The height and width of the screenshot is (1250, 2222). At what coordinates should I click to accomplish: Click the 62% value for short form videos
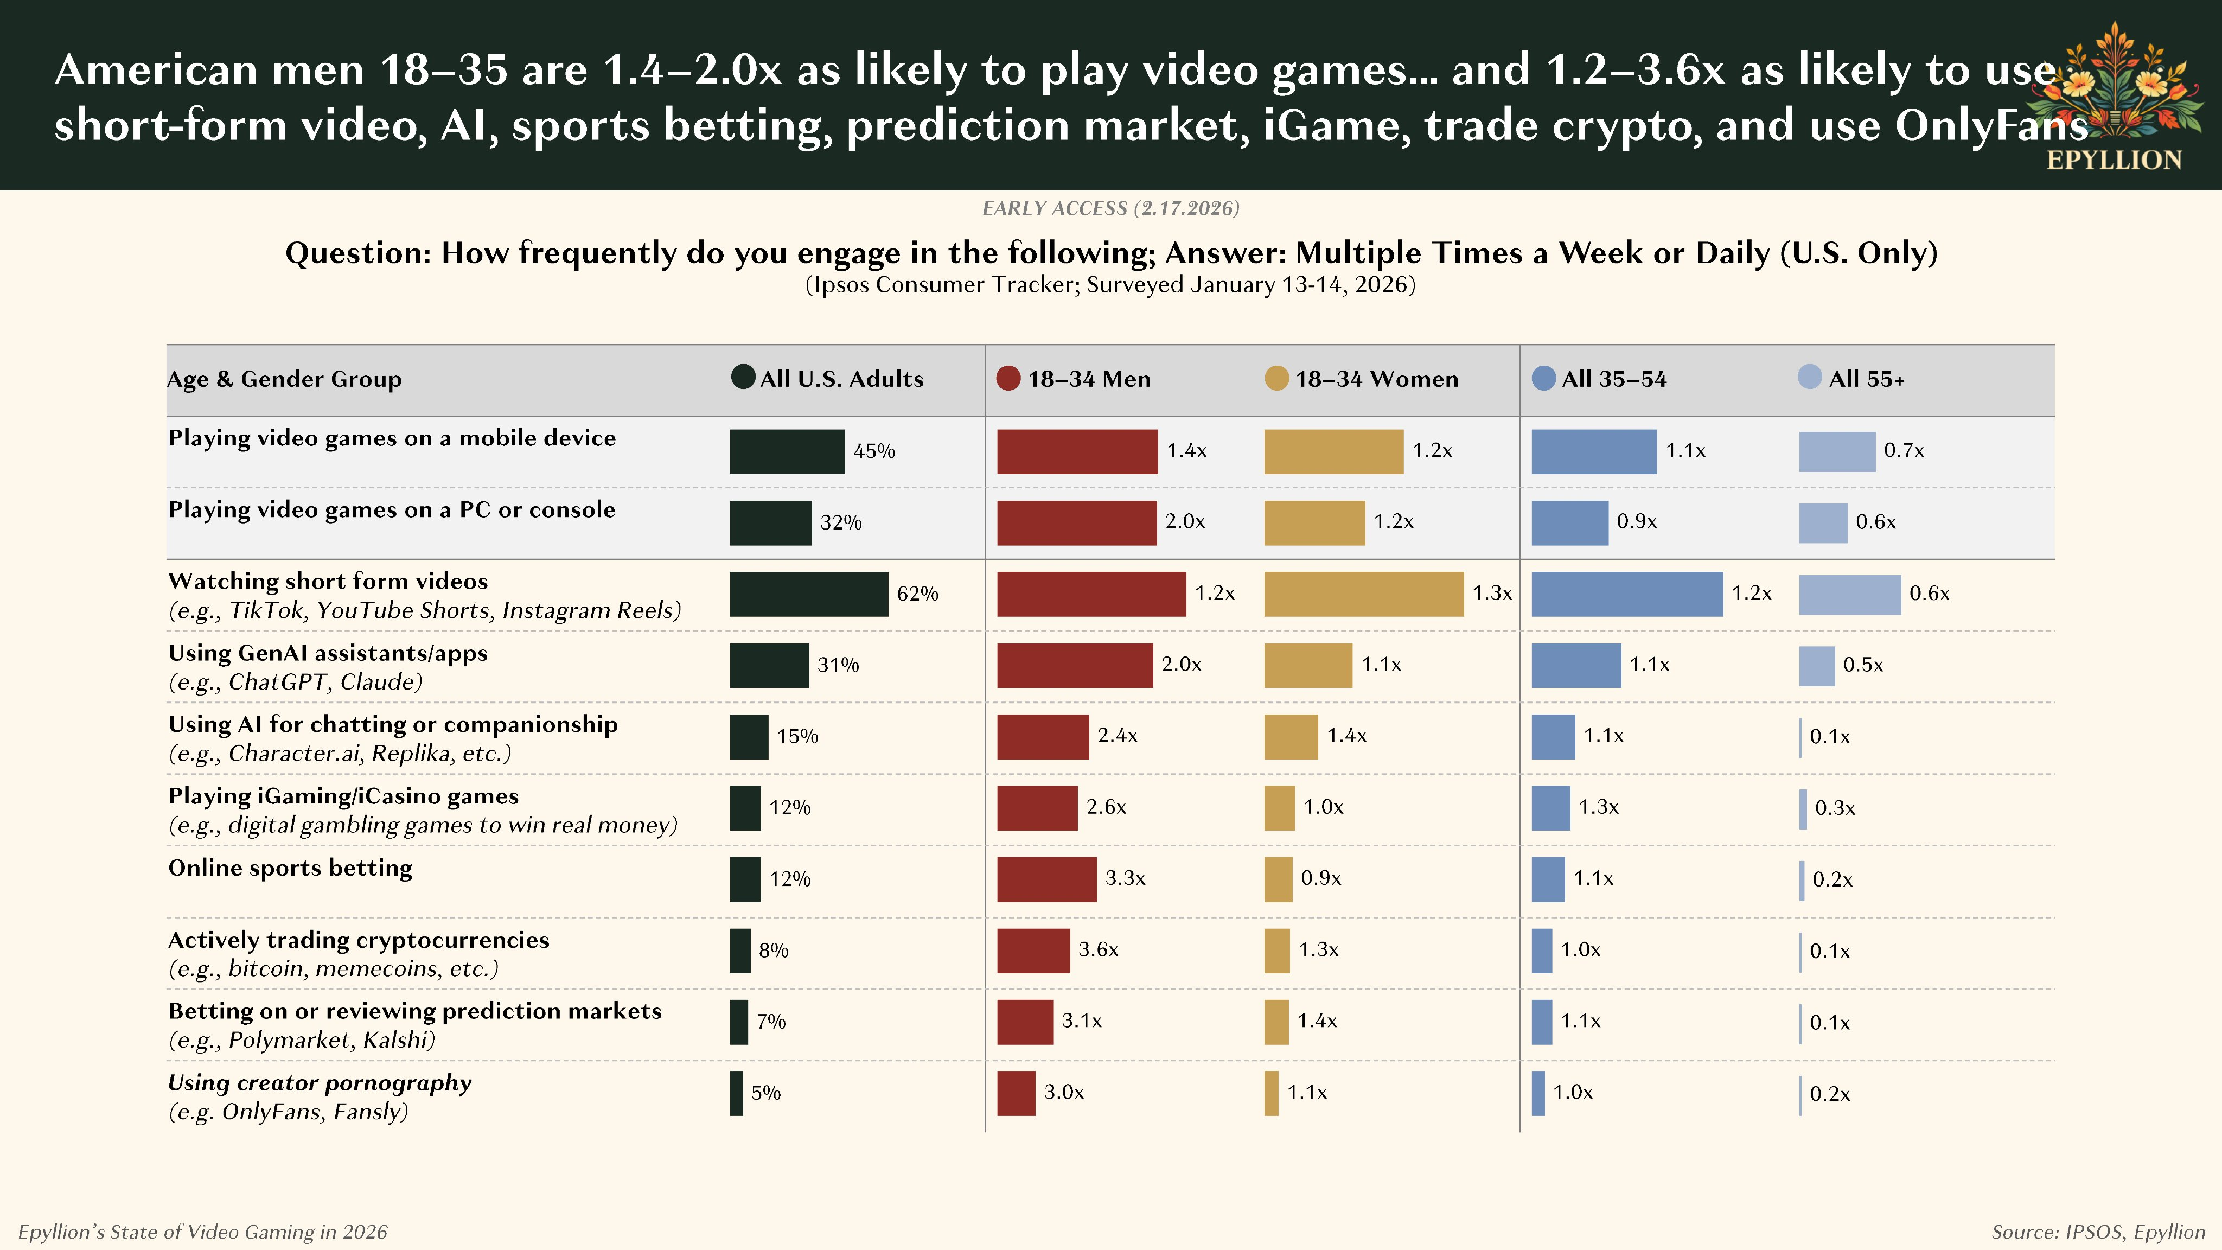(x=917, y=594)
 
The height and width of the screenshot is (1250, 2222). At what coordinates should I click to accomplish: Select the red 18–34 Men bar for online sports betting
(x=1046, y=879)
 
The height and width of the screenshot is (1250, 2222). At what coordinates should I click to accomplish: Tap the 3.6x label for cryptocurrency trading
(x=1098, y=950)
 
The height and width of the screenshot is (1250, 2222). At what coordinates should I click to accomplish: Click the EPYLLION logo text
(x=2114, y=161)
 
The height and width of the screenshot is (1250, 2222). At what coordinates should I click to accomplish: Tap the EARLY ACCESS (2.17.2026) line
(x=1110, y=208)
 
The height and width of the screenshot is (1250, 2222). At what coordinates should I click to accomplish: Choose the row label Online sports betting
(x=290, y=868)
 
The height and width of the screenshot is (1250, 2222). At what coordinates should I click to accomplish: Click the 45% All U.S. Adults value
(x=874, y=451)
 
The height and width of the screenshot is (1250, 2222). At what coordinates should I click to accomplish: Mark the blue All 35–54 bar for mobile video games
(x=1593, y=451)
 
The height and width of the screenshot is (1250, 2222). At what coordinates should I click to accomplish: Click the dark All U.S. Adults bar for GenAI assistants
(x=769, y=665)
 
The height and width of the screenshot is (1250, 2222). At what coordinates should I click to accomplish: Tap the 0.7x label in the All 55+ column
(x=1904, y=450)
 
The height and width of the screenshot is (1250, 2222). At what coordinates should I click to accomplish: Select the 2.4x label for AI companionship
(x=1117, y=736)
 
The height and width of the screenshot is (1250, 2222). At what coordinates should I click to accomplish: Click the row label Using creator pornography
(x=319, y=1083)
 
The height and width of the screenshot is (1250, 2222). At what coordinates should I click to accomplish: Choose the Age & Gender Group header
(x=284, y=379)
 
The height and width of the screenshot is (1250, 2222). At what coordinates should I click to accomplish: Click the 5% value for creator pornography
(x=765, y=1093)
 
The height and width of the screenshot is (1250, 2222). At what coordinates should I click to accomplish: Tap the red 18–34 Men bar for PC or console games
(x=1076, y=523)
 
